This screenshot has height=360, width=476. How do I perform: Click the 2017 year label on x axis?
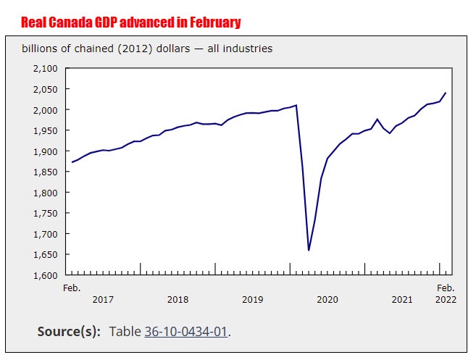coord(103,299)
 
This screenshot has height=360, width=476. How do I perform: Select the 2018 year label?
coord(178,299)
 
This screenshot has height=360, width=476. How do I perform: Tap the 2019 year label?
coord(252,299)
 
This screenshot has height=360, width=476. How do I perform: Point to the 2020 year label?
coord(327,299)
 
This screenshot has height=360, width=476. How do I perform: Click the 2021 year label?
coord(402,299)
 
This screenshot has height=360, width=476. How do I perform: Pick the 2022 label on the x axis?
coord(445,299)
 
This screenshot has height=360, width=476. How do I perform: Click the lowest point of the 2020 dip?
coord(309,250)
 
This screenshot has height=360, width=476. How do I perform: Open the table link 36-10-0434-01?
coord(186,331)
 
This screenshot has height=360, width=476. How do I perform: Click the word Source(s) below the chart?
coord(69,331)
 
